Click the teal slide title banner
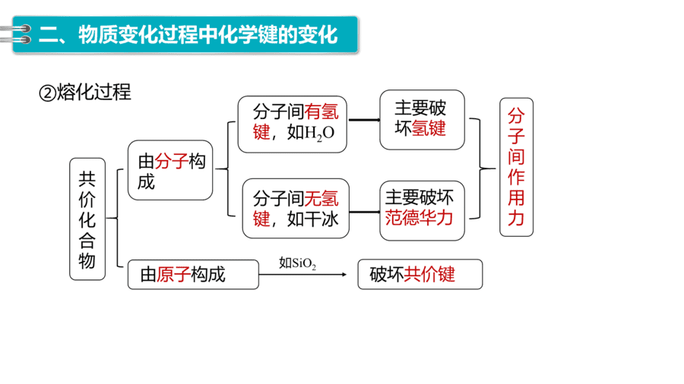click(185, 34)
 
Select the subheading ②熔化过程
click(85, 93)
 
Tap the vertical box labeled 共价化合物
click(87, 219)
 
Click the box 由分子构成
click(170, 170)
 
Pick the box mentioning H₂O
click(293, 124)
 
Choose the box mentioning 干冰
click(296, 209)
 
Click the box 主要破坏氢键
click(423, 120)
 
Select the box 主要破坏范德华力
click(423, 211)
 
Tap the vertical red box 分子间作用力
click(516, 167)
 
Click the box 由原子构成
click(193, 275)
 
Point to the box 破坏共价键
click(420, 274)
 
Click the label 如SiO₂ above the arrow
click(297, 263)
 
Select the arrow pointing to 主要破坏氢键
click(364, 120)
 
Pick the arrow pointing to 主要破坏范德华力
click(365, 212)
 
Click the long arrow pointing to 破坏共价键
click(302, 274)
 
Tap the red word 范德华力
click(419, 218)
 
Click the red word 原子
click(173, 275)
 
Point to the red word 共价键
click(429, 274)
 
